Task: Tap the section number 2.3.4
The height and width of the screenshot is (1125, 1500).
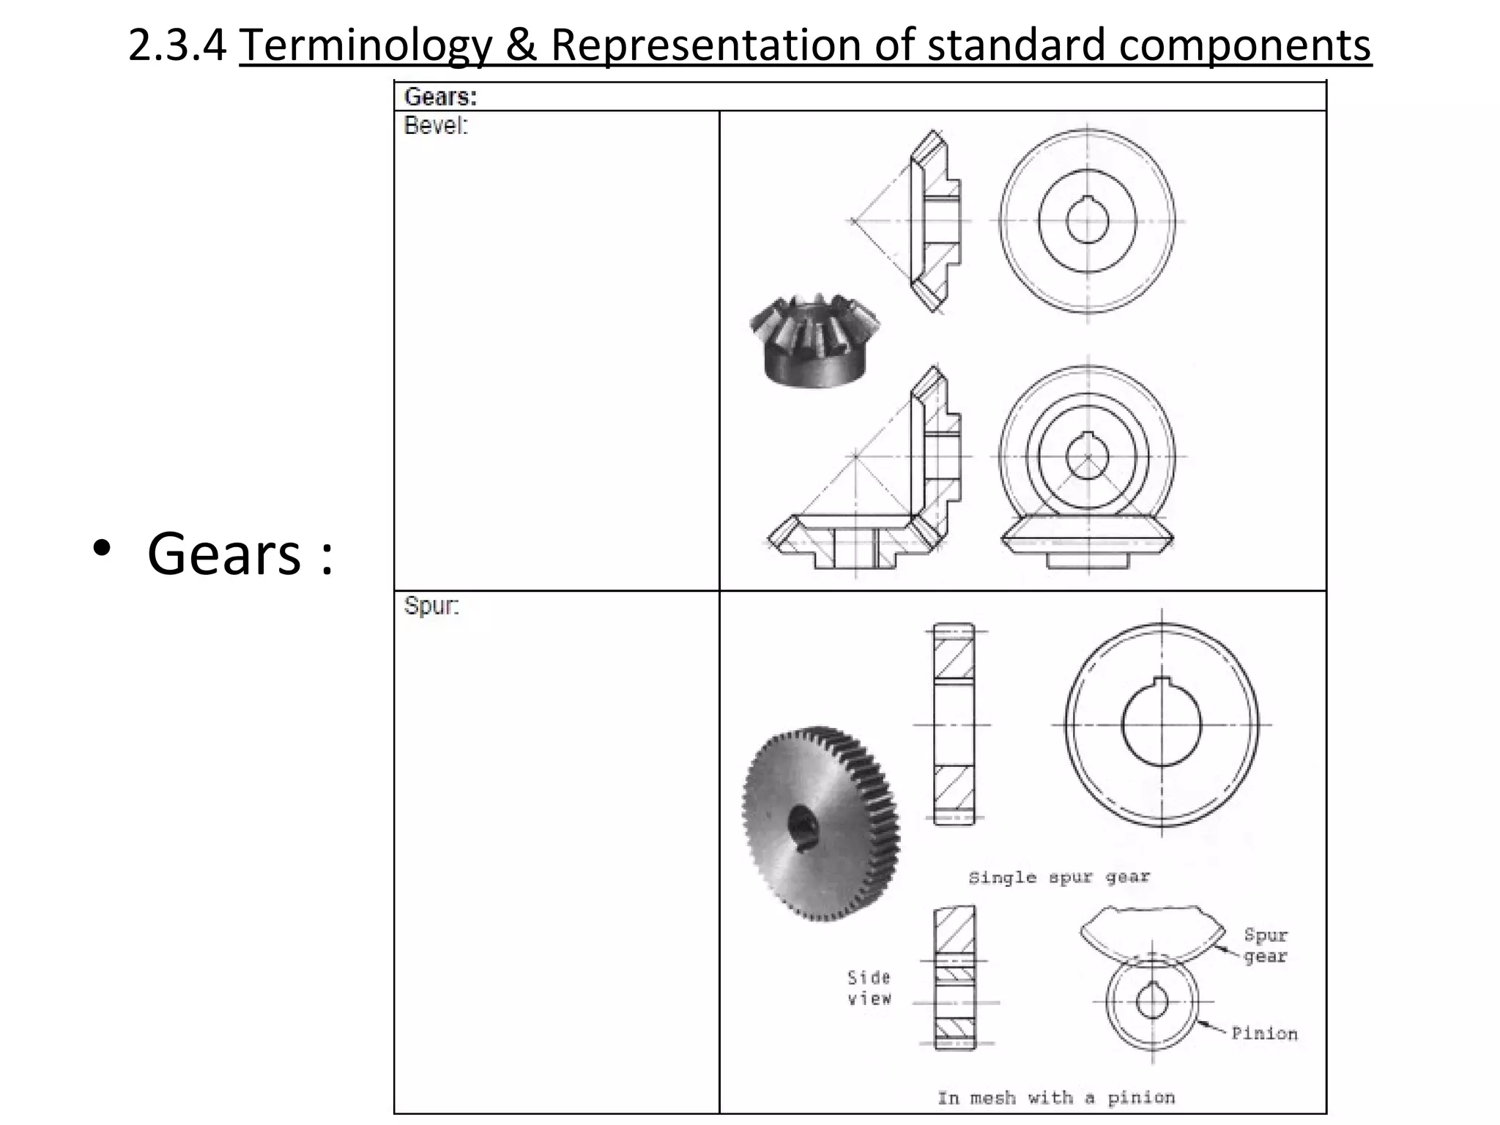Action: tap(177, 45)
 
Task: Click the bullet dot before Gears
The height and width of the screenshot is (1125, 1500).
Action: tap(102, 548)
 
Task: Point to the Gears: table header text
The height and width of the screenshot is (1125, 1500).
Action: tap(440, 97)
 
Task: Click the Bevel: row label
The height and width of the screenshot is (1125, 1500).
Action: tap(435, 126)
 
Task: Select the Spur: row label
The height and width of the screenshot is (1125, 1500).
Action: tap(431, 606)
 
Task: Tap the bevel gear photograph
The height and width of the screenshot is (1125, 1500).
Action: tap(814, 341)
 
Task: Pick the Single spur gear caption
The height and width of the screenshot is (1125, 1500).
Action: tap(1058, 877)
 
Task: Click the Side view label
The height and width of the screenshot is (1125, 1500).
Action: tap(869, 988)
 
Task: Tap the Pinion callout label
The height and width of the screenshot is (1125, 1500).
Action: tap(1263, 1033)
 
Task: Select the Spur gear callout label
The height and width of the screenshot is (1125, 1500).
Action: tap(1265, 946)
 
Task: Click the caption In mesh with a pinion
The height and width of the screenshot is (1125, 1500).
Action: tap(1056, 1097)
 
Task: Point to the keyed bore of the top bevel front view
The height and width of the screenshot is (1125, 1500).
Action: tap(1087, 220)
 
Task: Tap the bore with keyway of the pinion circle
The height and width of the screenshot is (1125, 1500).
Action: tap(1152, 1000)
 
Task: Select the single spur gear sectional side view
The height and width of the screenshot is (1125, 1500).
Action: tap(954, 724)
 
